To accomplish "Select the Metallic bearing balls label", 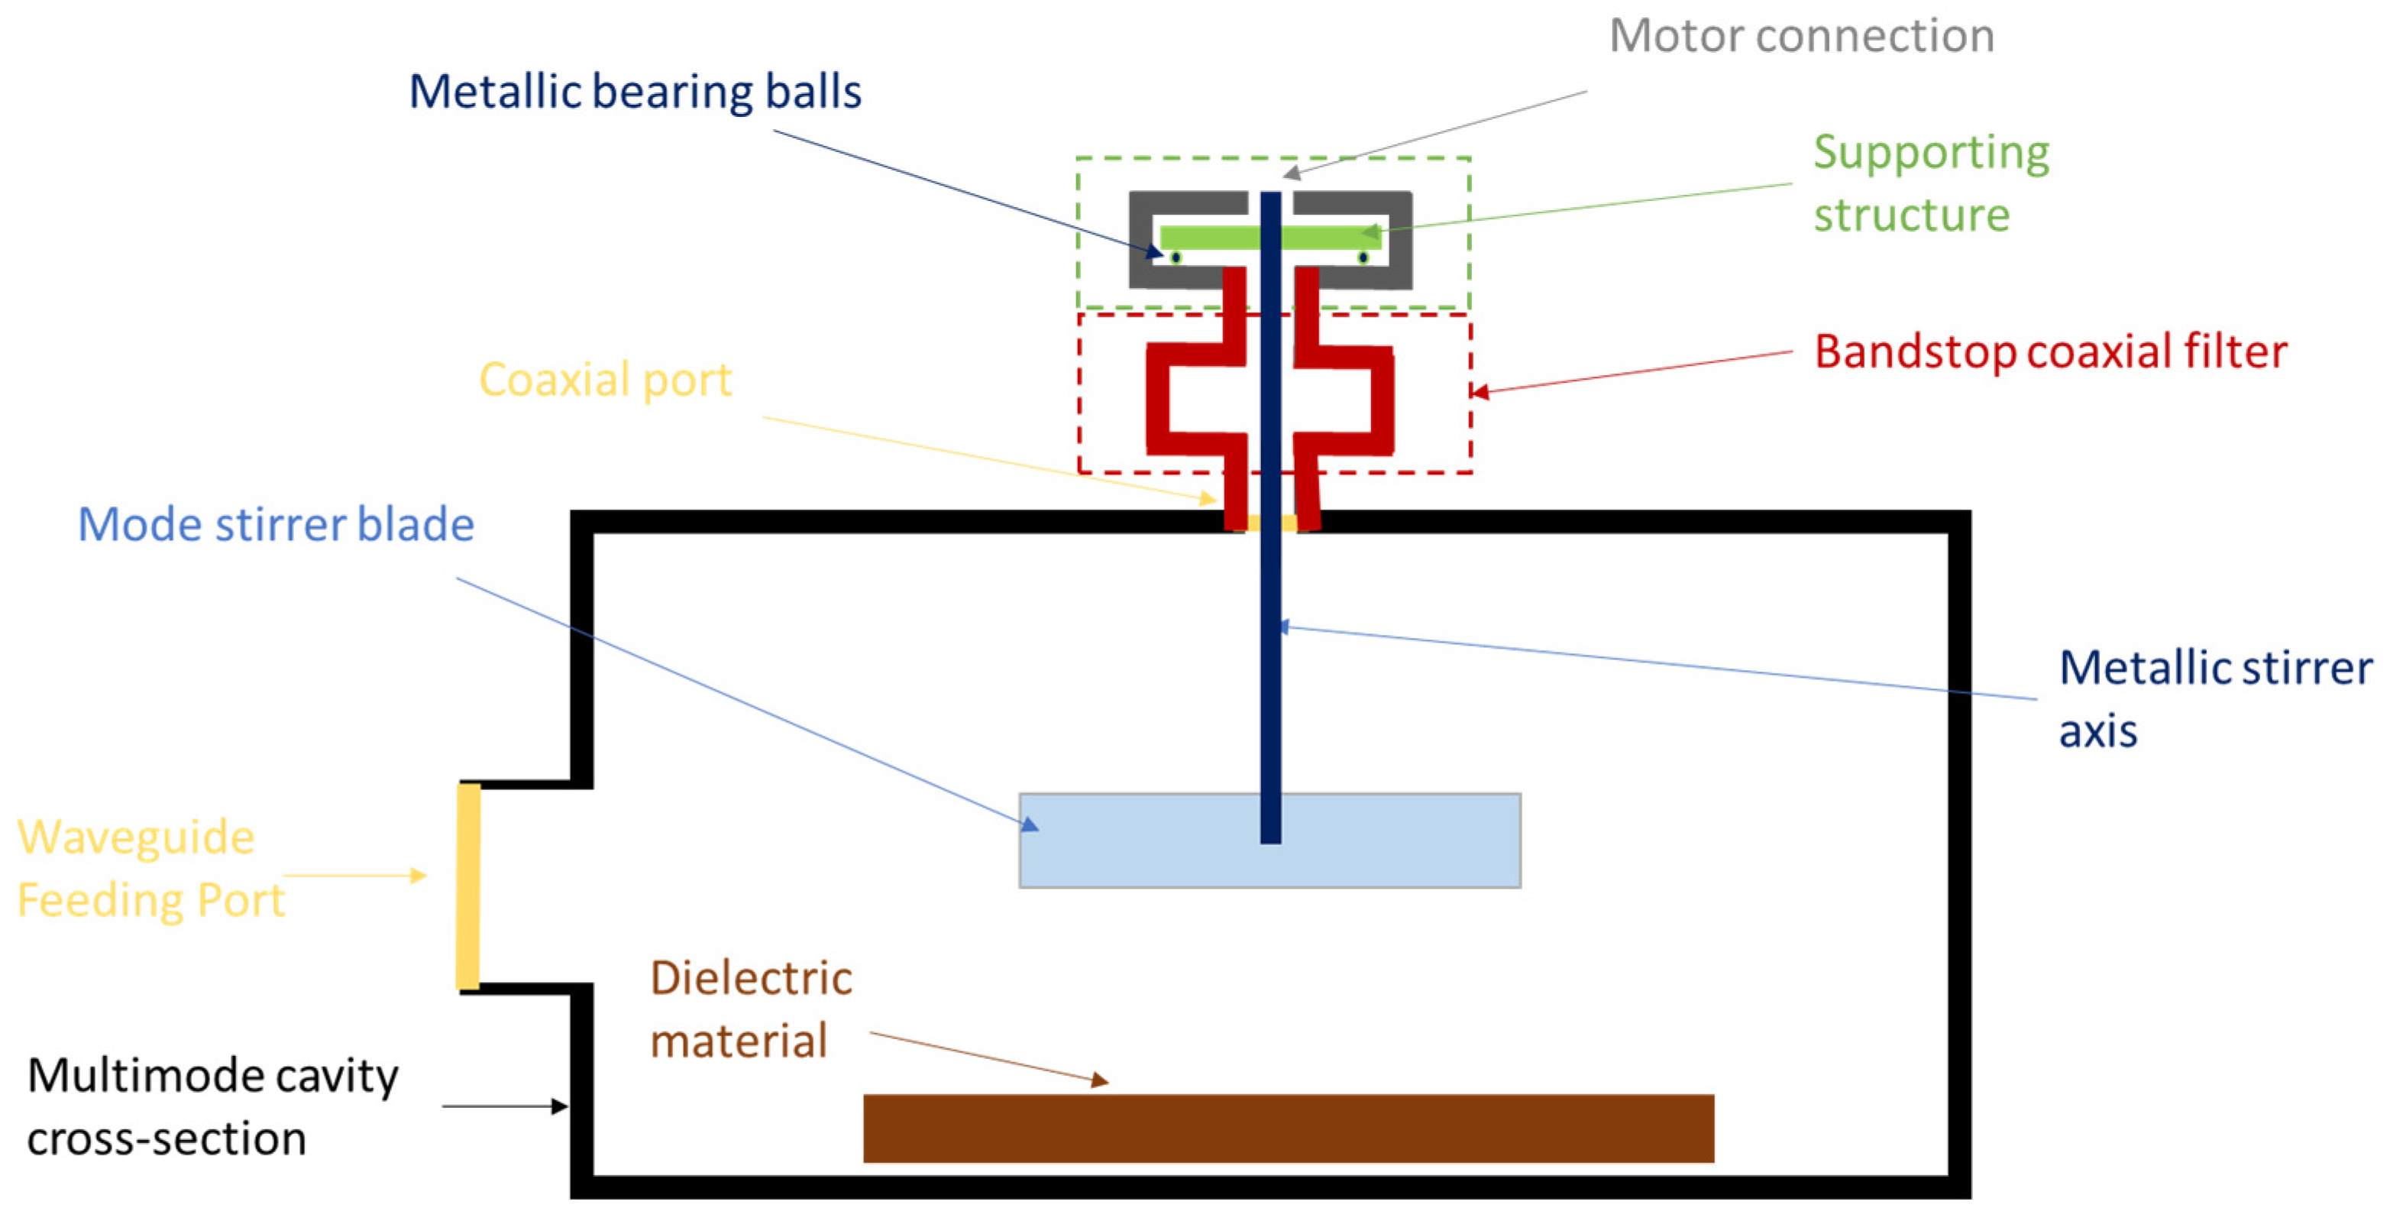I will (635, 92).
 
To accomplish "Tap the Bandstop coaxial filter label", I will (2050, 352).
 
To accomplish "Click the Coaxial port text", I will (605, 381).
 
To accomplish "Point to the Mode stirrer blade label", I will (276, 525).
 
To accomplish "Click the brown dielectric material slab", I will (1288, 1129).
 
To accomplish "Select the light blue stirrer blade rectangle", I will (1141, 840).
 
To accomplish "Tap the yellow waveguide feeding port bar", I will (467, 886).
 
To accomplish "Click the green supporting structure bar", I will (1206, 238).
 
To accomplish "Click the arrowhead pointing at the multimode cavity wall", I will (559, 1106).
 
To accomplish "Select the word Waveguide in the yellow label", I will (135, 837).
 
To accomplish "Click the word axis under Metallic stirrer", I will (2097, 732).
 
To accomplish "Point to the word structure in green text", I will (1911, 216).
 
